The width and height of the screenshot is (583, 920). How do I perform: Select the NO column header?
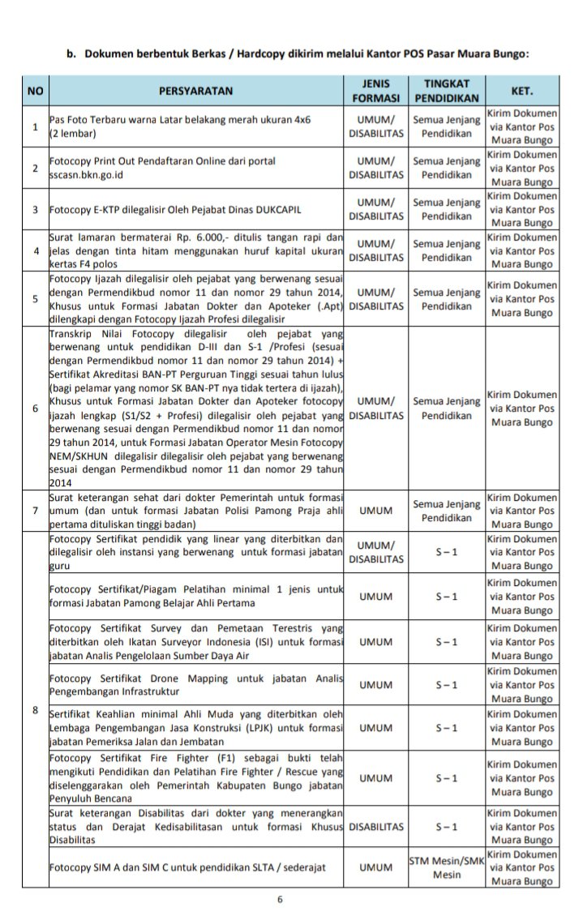pyautogui.click(x=35, y=92)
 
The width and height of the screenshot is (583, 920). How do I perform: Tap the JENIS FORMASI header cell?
pyautogui.click(x=376, y=92)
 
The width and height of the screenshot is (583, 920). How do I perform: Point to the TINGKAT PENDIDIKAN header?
pyautogui.click(x=447, y=92)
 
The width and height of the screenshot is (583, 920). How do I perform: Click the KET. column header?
pyautogui.click(x=522, y=92)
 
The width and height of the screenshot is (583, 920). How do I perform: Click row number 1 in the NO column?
pyautogui.click(x=35, y=126)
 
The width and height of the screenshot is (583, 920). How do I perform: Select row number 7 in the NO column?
pyautogui.click(x=35, y=511)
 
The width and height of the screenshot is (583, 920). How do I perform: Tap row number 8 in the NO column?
pyautogui.click(x=35, y=711)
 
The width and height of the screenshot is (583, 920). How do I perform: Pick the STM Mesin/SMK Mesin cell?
pyautogui.click(x=447, y=867)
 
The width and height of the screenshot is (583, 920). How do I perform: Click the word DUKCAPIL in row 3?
pyautogui.click(x=277, y=210)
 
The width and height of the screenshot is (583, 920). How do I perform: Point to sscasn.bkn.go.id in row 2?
pyautogui.click(x=89, y=175)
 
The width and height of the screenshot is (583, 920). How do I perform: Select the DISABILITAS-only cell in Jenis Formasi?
pyautogui.click(x=376, y=827)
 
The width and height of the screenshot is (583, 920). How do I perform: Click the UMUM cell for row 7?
pyautogui.click(x=376, y=511)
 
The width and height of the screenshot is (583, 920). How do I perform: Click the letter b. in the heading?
pyautogui.click(x=71, y=54)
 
